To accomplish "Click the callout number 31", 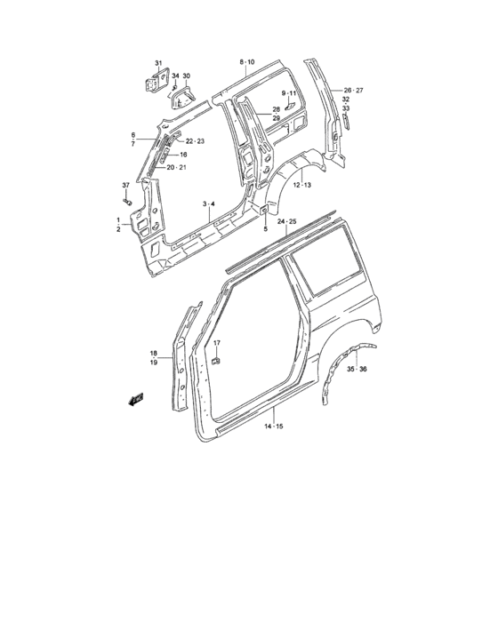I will click(x=158, y=62).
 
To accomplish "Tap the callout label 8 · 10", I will click(x=246, y=61).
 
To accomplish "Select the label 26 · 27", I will click(x=353, y=91).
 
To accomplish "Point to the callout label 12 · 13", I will click(x=301, y=185).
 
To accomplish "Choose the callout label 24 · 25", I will click(x=286, y=221).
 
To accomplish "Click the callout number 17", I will click(x=216, y=343).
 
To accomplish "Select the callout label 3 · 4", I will click(x=208, y=204).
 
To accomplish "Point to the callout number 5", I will click(x=265, y=229).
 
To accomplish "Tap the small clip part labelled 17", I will click(x=215, y=360).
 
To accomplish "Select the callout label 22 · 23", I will click(x=194, y=141).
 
